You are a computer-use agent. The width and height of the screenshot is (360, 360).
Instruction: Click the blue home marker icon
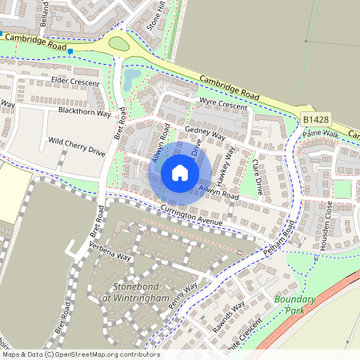click(x=180, y=172)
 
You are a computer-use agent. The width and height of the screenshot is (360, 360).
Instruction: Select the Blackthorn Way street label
click(x=83, y=111)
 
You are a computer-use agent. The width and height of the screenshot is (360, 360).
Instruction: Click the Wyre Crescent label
click(x=223, y=105)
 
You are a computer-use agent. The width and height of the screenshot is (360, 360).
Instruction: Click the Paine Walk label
click(x=321, y=134)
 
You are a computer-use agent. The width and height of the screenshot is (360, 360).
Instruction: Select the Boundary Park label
click(x=296, y=305)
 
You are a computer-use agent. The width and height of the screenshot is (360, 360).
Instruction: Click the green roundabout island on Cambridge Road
click(x=118, y=43)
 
